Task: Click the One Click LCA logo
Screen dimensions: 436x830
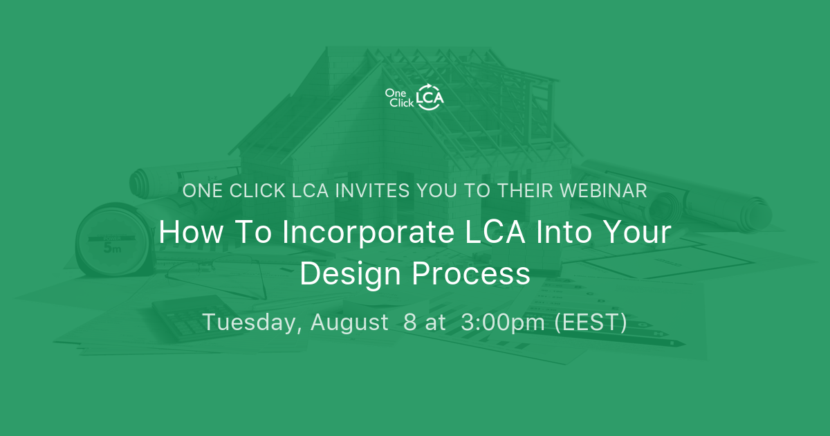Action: point(414,96)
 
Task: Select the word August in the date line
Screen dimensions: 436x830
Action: point(349,323)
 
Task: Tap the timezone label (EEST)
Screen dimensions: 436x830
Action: point(591,323)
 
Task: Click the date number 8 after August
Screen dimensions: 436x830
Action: point(410,323)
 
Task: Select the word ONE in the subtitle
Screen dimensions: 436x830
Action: point(199,191)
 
